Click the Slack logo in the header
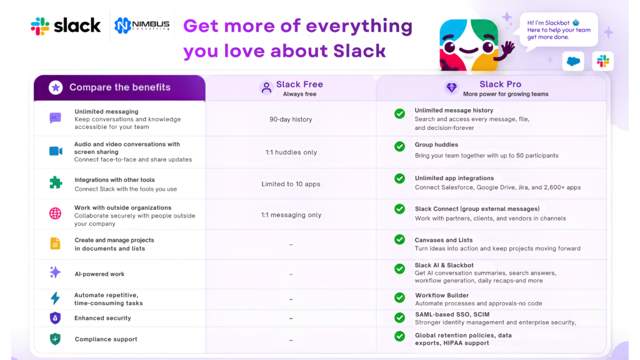66,26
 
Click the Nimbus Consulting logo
142,25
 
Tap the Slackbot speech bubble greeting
558,30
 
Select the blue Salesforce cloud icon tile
573,62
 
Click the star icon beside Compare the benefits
56,87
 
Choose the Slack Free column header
291,88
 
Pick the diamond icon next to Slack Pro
451,87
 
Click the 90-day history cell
291,119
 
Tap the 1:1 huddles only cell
291,152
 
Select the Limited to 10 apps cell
291,184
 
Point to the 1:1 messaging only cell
291,215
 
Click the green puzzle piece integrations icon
56,182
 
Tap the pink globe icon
55,214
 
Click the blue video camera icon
56,151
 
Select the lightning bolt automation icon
55,298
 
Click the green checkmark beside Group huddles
399,146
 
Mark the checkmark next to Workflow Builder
399,297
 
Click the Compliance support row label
106,339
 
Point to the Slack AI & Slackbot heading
444,265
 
